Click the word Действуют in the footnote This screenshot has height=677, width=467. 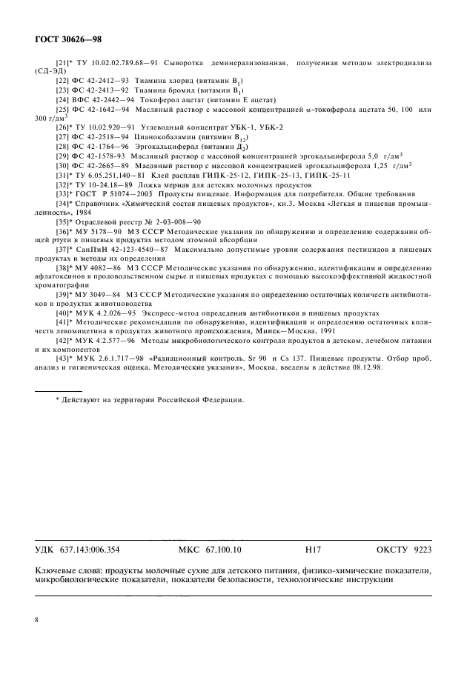[x=82, y=400]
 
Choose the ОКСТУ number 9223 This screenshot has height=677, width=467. [x=420, y=550]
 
